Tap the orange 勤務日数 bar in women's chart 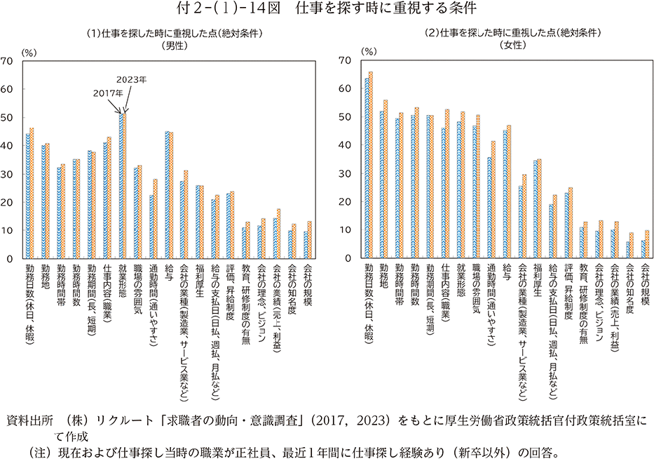pos(371,166)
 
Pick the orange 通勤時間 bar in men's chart pos(156,219)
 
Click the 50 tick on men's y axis pos(8,117)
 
